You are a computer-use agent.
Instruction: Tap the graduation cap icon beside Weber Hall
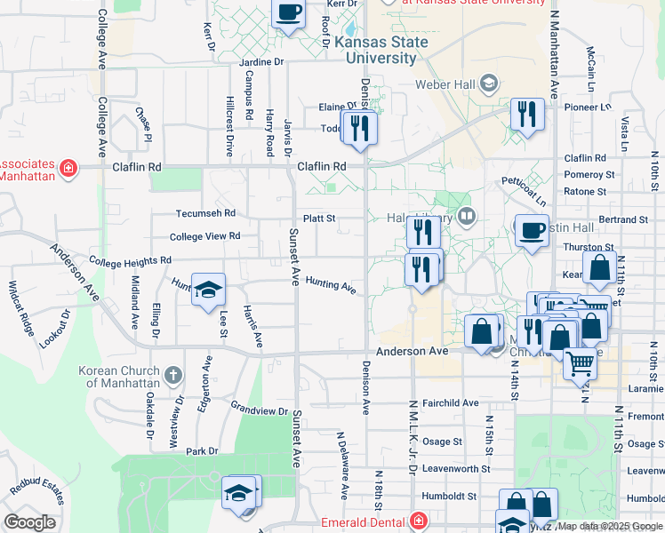point(488,84)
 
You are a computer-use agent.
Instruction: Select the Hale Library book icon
point(468,218)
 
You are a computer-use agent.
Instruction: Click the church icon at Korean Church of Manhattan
point(172,376)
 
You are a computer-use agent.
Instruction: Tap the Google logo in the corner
point(29,522)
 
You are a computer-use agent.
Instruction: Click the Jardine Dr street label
point(261,62)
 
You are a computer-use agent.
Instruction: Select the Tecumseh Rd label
point(204,213)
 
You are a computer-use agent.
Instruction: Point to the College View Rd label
point(204,236)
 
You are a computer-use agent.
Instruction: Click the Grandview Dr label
point(260,410)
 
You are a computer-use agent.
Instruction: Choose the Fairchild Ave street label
point(450,402)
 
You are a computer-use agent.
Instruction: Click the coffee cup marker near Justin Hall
point(533,231)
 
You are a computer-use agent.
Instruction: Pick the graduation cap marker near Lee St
point(208,290)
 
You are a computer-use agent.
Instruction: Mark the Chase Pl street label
point(143,124)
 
